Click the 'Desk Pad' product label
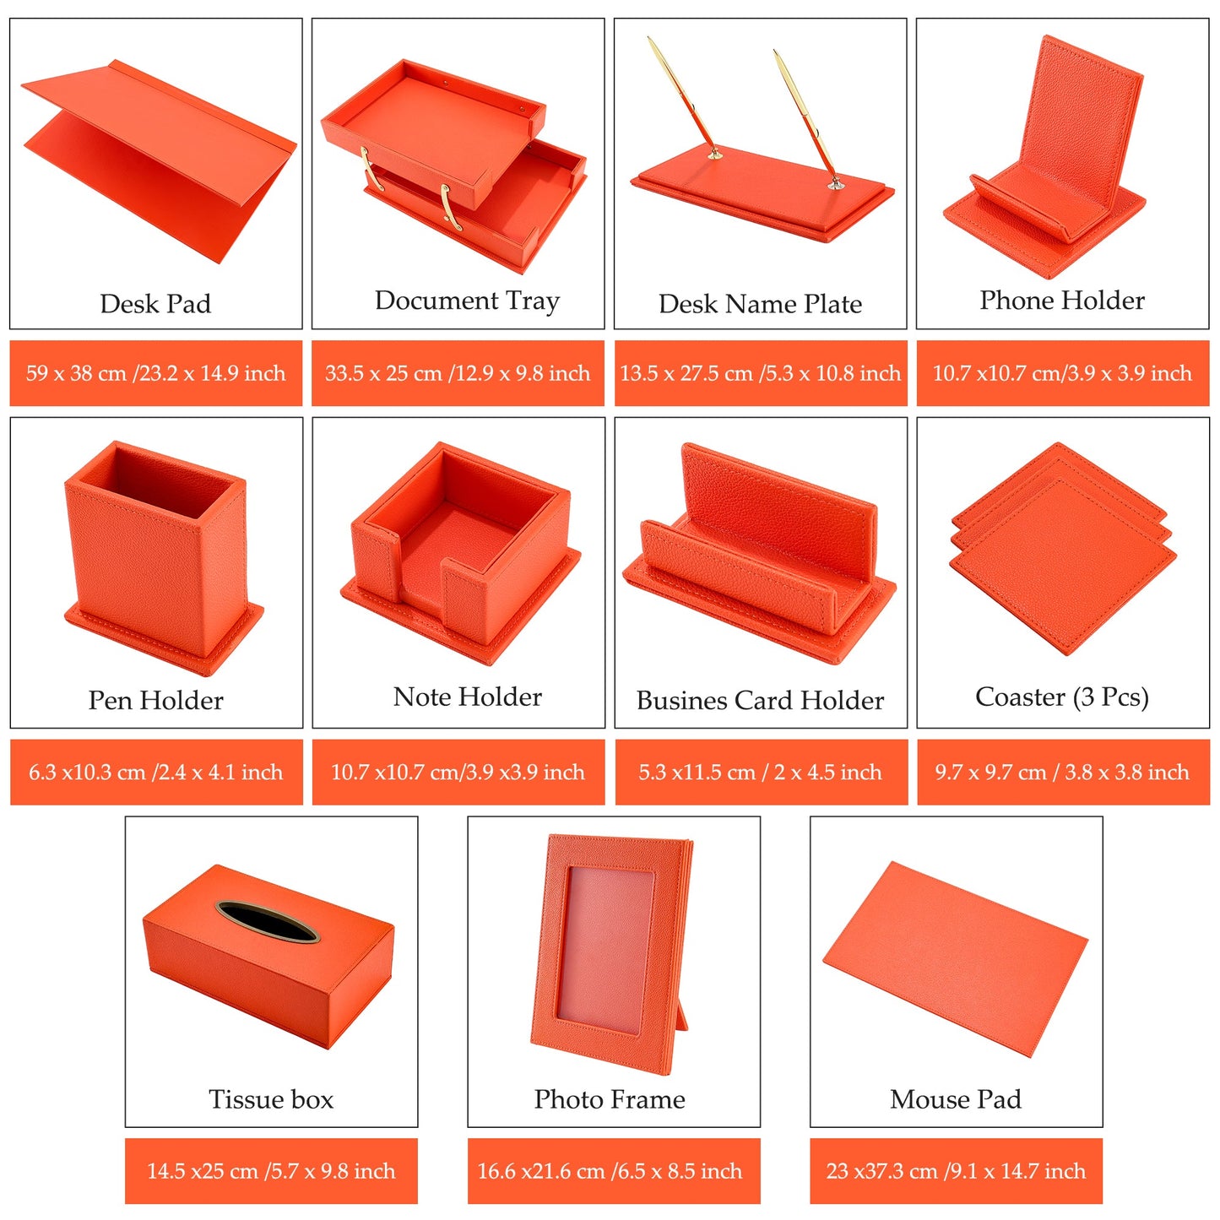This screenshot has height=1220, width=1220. point(155,304)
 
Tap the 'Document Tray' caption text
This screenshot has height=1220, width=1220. point(467,301)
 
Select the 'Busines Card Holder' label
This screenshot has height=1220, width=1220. point(760,700)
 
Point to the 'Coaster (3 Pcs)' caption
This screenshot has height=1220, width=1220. point(1062,697)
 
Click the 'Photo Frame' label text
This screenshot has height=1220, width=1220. point(610,1099)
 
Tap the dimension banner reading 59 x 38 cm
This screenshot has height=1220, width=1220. point(155,373)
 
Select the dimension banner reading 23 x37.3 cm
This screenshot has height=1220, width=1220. point(956,1171)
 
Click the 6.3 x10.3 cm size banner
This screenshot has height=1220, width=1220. point(155,773)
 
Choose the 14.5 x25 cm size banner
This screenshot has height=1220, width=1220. point(271,1171)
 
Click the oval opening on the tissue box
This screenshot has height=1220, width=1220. point(267,921)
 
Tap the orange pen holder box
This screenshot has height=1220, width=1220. point(163,557)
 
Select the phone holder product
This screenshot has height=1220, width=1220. point(1044,158)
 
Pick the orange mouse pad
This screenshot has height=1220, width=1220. point(956,959)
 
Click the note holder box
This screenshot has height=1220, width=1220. point(460,552)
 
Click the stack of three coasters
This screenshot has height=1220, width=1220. point(1062,548)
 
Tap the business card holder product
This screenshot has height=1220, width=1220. point(760,554)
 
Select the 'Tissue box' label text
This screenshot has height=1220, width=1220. point(271,1099)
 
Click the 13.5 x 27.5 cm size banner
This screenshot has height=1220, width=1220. point(761,373)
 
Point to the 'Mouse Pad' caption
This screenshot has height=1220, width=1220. point(956,1099)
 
